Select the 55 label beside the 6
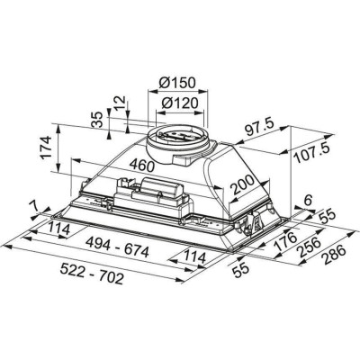325,217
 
